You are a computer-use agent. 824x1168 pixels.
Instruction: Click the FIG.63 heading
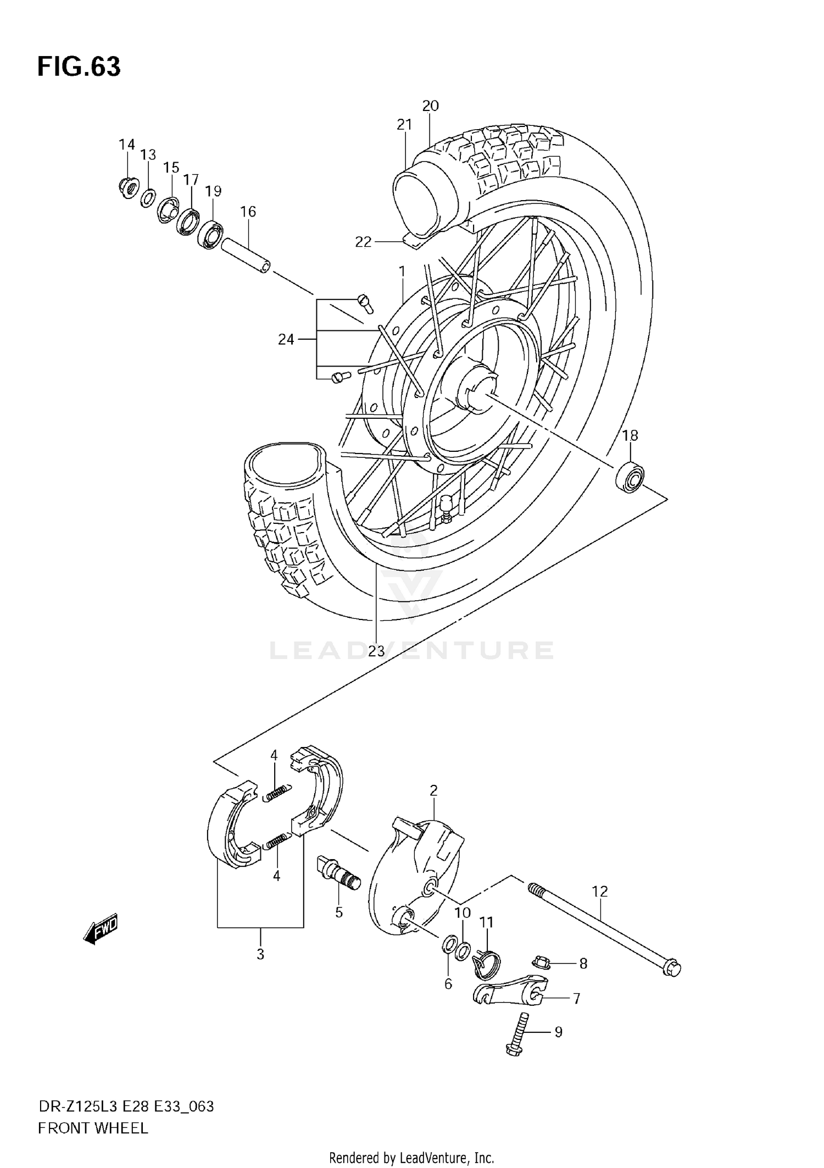tap(79, 67)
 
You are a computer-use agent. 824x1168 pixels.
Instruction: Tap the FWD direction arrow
tap(101, 931)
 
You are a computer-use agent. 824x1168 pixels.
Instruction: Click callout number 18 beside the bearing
tap(630, 435)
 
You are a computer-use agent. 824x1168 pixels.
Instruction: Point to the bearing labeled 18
tap(630, 476)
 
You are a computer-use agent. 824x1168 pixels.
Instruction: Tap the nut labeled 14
tap(127, 188)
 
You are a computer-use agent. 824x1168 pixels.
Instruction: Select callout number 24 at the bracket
tap(286, 340)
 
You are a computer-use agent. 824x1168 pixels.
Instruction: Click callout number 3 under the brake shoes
tap(260, 954)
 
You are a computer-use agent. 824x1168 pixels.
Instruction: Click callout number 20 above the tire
tap(430, 106)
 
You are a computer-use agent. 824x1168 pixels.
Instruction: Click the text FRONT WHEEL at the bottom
tap(93, 1128)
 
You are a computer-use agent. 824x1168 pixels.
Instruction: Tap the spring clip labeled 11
tap(487, 965)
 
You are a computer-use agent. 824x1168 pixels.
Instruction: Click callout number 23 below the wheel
tap(376, 651)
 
